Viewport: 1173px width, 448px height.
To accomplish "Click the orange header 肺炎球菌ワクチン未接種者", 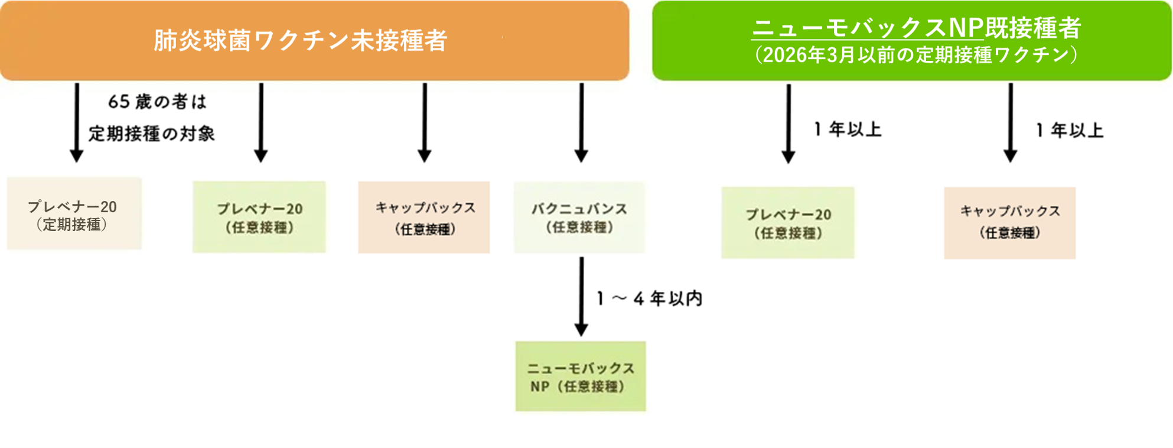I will pos(301,40).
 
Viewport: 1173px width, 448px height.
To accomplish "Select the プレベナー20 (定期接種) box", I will pos(74,214).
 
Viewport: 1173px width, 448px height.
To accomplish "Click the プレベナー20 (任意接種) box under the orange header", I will pos(259,217).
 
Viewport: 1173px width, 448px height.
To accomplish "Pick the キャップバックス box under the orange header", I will pos(424,217).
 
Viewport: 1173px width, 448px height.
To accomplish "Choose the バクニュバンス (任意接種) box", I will pos(579,217).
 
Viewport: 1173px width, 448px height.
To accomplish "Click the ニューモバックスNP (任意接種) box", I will pos(581,376).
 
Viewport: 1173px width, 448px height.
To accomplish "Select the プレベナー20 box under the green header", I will pos(788,223).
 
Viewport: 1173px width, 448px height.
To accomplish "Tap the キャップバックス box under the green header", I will pos(1010,223).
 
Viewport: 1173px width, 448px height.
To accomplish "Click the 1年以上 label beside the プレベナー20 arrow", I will pos(848,129).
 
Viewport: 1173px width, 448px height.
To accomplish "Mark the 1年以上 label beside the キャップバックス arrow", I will pos(1070,131).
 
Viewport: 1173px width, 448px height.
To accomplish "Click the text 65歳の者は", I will pos(157,102).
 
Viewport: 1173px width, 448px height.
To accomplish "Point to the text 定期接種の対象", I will pos(152,134).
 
